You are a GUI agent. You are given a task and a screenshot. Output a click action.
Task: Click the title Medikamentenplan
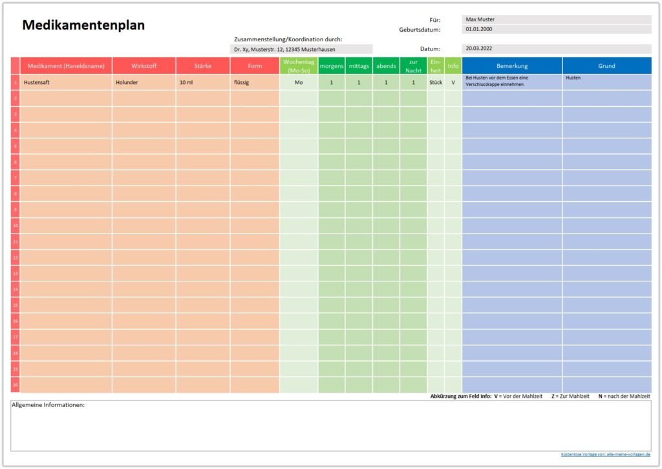point(83,25)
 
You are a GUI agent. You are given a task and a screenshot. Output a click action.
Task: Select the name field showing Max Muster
point(556,19)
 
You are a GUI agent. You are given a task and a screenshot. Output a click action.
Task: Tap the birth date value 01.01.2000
point(556,29)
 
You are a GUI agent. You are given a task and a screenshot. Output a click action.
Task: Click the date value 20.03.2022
point(556,49)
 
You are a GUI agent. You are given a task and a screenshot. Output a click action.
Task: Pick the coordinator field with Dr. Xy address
point(301,49)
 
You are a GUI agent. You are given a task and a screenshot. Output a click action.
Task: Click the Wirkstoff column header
point(144,66)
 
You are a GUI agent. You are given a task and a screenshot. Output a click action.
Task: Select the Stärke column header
point(202,66)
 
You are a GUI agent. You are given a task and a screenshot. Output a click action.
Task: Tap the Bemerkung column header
point(512,66)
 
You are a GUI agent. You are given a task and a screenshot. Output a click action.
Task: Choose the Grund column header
point(606,66)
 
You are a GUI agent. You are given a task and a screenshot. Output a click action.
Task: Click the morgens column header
point(331,66)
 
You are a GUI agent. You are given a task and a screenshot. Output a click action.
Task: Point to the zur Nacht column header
point(413,66)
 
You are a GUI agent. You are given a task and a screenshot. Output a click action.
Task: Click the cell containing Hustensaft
point(66,82)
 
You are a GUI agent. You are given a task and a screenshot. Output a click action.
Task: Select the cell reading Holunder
point(144,82)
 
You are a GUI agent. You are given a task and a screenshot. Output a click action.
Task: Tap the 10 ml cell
point(202,82)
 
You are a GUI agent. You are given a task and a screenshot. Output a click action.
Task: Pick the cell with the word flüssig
point(255,82)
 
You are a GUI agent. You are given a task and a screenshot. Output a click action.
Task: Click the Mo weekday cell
point(299,82)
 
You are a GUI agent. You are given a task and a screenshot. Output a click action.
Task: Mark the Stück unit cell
point(436,82)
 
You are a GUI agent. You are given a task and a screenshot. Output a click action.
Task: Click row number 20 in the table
point(15,385)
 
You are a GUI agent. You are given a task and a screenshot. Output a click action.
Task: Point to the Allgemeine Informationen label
point(48,405)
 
